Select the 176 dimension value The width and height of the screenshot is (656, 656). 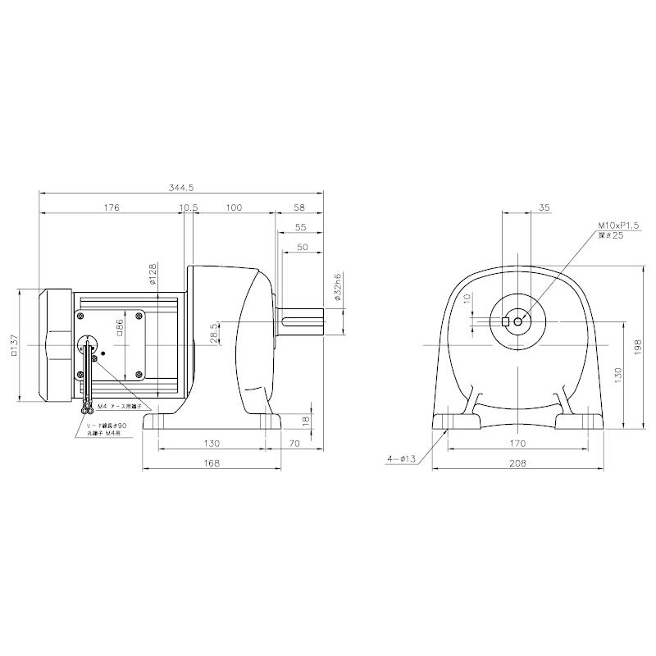[x=112, y=208]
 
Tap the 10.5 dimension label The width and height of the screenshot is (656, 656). [x=189, y=208]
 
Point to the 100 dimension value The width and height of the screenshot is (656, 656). [x=233, y=208]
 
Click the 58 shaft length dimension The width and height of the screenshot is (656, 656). [x=299, y=208]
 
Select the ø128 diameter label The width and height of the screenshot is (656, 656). [x=153, y=274]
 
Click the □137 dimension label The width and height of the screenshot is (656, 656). [x=14, y=345]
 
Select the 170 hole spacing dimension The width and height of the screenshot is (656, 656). [x=517, y=444]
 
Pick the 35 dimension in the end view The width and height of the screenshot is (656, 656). [x=545, y=208]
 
